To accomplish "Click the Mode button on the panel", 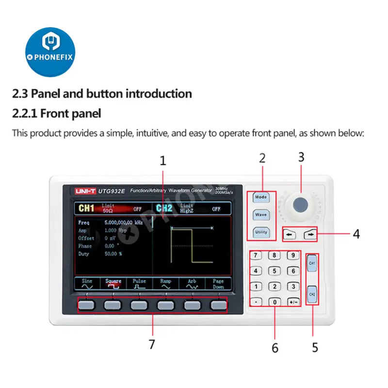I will click(x=261, y=197).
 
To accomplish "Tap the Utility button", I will click(x=261, y=232).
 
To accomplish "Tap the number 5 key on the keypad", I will click(x=275, y=271).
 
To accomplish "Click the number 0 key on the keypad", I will click(x=275, y=302).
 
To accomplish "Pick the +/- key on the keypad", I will click(x=292, y=302).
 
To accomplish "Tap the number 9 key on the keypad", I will click(x=292, y=255).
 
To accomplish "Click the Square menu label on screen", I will click(x=113, y=283).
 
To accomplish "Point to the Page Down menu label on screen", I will click(x=218, y=283).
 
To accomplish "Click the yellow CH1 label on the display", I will click(x=86, y=209).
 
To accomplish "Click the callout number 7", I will click(x=152, y=344).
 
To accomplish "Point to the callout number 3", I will click(x=301, y=157).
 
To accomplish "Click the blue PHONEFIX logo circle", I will click(x=50, y=52).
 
